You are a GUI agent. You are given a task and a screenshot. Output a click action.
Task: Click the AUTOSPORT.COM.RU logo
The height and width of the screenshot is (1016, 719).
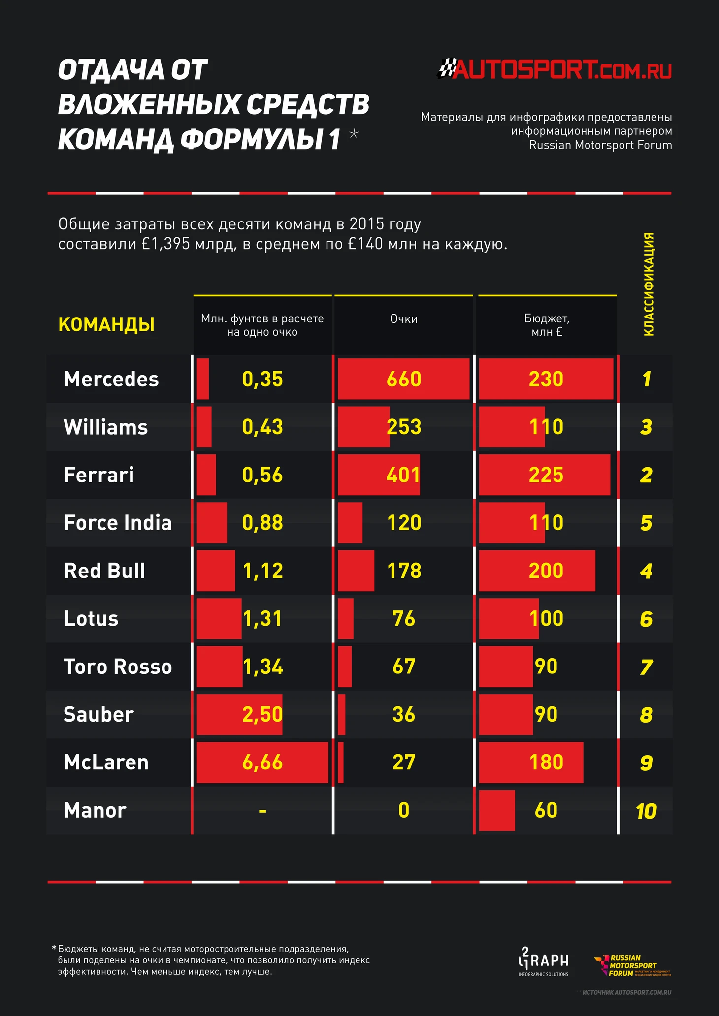[x=555, y=69]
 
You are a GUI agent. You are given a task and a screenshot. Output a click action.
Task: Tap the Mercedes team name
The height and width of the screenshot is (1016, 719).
[x=111, y=379]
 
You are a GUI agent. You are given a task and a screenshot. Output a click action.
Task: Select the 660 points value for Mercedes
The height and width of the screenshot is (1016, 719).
[x=404, y=379]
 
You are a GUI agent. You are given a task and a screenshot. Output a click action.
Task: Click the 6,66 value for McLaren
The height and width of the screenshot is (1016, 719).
[x=262, y=762]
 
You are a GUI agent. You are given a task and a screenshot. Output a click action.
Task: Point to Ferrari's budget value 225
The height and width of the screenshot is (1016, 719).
[x=546, y=475]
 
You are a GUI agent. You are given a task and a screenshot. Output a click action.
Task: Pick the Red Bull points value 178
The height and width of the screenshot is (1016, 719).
[x=404, y=571]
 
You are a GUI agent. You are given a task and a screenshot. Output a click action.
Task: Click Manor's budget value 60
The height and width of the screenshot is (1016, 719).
[x=546, y=810]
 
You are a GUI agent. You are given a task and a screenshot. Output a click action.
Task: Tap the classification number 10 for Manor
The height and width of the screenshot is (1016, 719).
[x=646, y=811]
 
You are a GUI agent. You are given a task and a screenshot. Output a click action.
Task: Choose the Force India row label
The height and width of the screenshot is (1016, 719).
[x=118, y=523]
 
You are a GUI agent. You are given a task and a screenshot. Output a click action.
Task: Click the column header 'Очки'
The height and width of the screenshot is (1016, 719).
[x=404, y=319]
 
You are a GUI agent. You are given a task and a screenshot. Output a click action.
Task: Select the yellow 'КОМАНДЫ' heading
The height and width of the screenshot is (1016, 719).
[x=106, y=325]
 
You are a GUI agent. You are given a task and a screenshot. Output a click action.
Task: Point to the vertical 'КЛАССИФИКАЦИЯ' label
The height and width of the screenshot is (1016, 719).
[x=649, y=284]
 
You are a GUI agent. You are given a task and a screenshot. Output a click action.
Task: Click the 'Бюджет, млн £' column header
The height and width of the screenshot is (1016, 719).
[x=547, y=325]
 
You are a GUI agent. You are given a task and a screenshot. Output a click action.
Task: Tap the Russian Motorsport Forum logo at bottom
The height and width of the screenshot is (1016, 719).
[x=633, y=966]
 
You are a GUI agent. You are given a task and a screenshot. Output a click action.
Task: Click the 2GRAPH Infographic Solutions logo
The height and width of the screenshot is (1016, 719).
[x=543, y=961]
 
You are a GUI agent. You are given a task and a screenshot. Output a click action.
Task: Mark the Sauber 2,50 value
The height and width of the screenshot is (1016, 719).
[x=262, y=714]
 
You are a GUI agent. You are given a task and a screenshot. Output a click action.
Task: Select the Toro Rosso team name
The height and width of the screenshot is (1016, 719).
[x=118, y=667]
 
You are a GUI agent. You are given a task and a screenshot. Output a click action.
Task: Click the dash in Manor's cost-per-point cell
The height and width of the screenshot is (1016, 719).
[x=262, y=810]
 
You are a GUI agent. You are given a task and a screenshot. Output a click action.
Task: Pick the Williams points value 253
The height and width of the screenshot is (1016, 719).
[x=404, y=427]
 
